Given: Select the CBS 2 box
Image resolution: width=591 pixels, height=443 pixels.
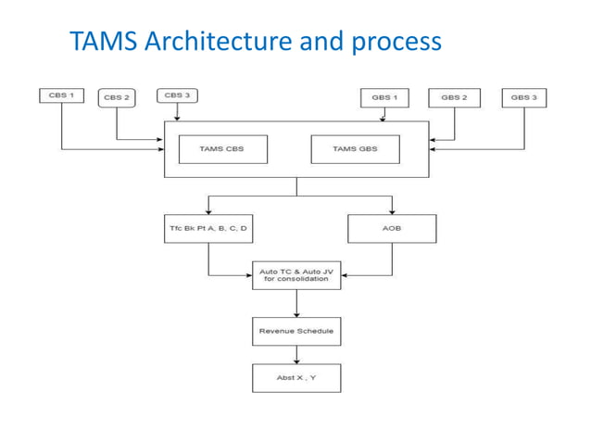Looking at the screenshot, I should (117, 97).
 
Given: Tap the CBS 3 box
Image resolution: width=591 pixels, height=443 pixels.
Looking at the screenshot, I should (176, 95).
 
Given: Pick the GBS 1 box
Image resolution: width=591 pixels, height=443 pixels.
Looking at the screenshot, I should (384, 97).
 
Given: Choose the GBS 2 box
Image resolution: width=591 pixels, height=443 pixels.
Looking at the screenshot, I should (454, 97).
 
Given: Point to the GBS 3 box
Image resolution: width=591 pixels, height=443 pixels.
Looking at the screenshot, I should (523, 97).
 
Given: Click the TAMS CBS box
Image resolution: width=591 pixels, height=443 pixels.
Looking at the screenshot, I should (222, 149).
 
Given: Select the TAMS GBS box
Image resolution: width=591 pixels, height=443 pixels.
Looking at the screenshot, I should (355, 149).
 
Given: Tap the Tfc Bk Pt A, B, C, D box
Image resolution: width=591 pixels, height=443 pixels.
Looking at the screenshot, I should (208, 228).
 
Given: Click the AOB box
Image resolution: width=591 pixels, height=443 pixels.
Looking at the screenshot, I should (392, 228).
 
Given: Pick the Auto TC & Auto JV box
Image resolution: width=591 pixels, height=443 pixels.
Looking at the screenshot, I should (296, 275).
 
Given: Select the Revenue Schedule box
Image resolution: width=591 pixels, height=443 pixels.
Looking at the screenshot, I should (296, 331).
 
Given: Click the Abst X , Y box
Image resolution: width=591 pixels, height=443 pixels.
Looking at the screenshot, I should (296, 378).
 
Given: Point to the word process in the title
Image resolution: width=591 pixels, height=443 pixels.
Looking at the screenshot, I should (396, 42).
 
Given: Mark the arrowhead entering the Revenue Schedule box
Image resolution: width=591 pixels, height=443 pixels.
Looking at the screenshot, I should (296, 314).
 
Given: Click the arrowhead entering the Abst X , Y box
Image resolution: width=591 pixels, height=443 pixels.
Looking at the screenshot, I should (296, 361).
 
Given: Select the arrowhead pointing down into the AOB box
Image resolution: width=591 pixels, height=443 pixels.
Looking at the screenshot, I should (392, 211).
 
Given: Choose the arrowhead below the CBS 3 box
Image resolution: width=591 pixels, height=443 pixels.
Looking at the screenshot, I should (176, 118).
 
